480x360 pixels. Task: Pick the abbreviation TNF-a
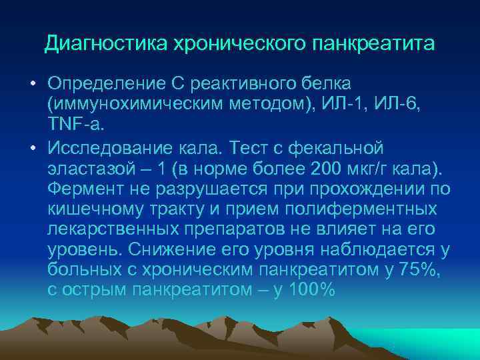point(72,124)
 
